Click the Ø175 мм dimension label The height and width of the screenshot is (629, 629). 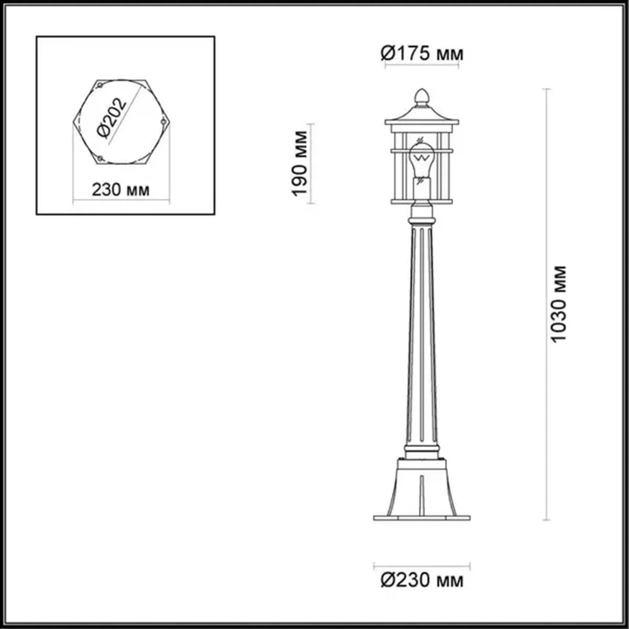pos(422,54)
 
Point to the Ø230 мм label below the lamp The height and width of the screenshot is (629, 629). pos(422,580)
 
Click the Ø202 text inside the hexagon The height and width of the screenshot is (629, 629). pos(112,118)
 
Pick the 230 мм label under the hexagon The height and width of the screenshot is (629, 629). pos(121,190)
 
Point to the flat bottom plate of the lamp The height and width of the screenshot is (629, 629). pos(422,518)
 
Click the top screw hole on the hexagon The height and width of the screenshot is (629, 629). pos(99,85)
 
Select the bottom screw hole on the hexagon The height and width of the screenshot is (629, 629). pos(100,158)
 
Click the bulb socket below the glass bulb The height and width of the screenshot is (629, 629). pos(421,187)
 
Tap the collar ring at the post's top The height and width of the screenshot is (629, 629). pos(422,220)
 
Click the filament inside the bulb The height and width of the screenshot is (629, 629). pos(422,158)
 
